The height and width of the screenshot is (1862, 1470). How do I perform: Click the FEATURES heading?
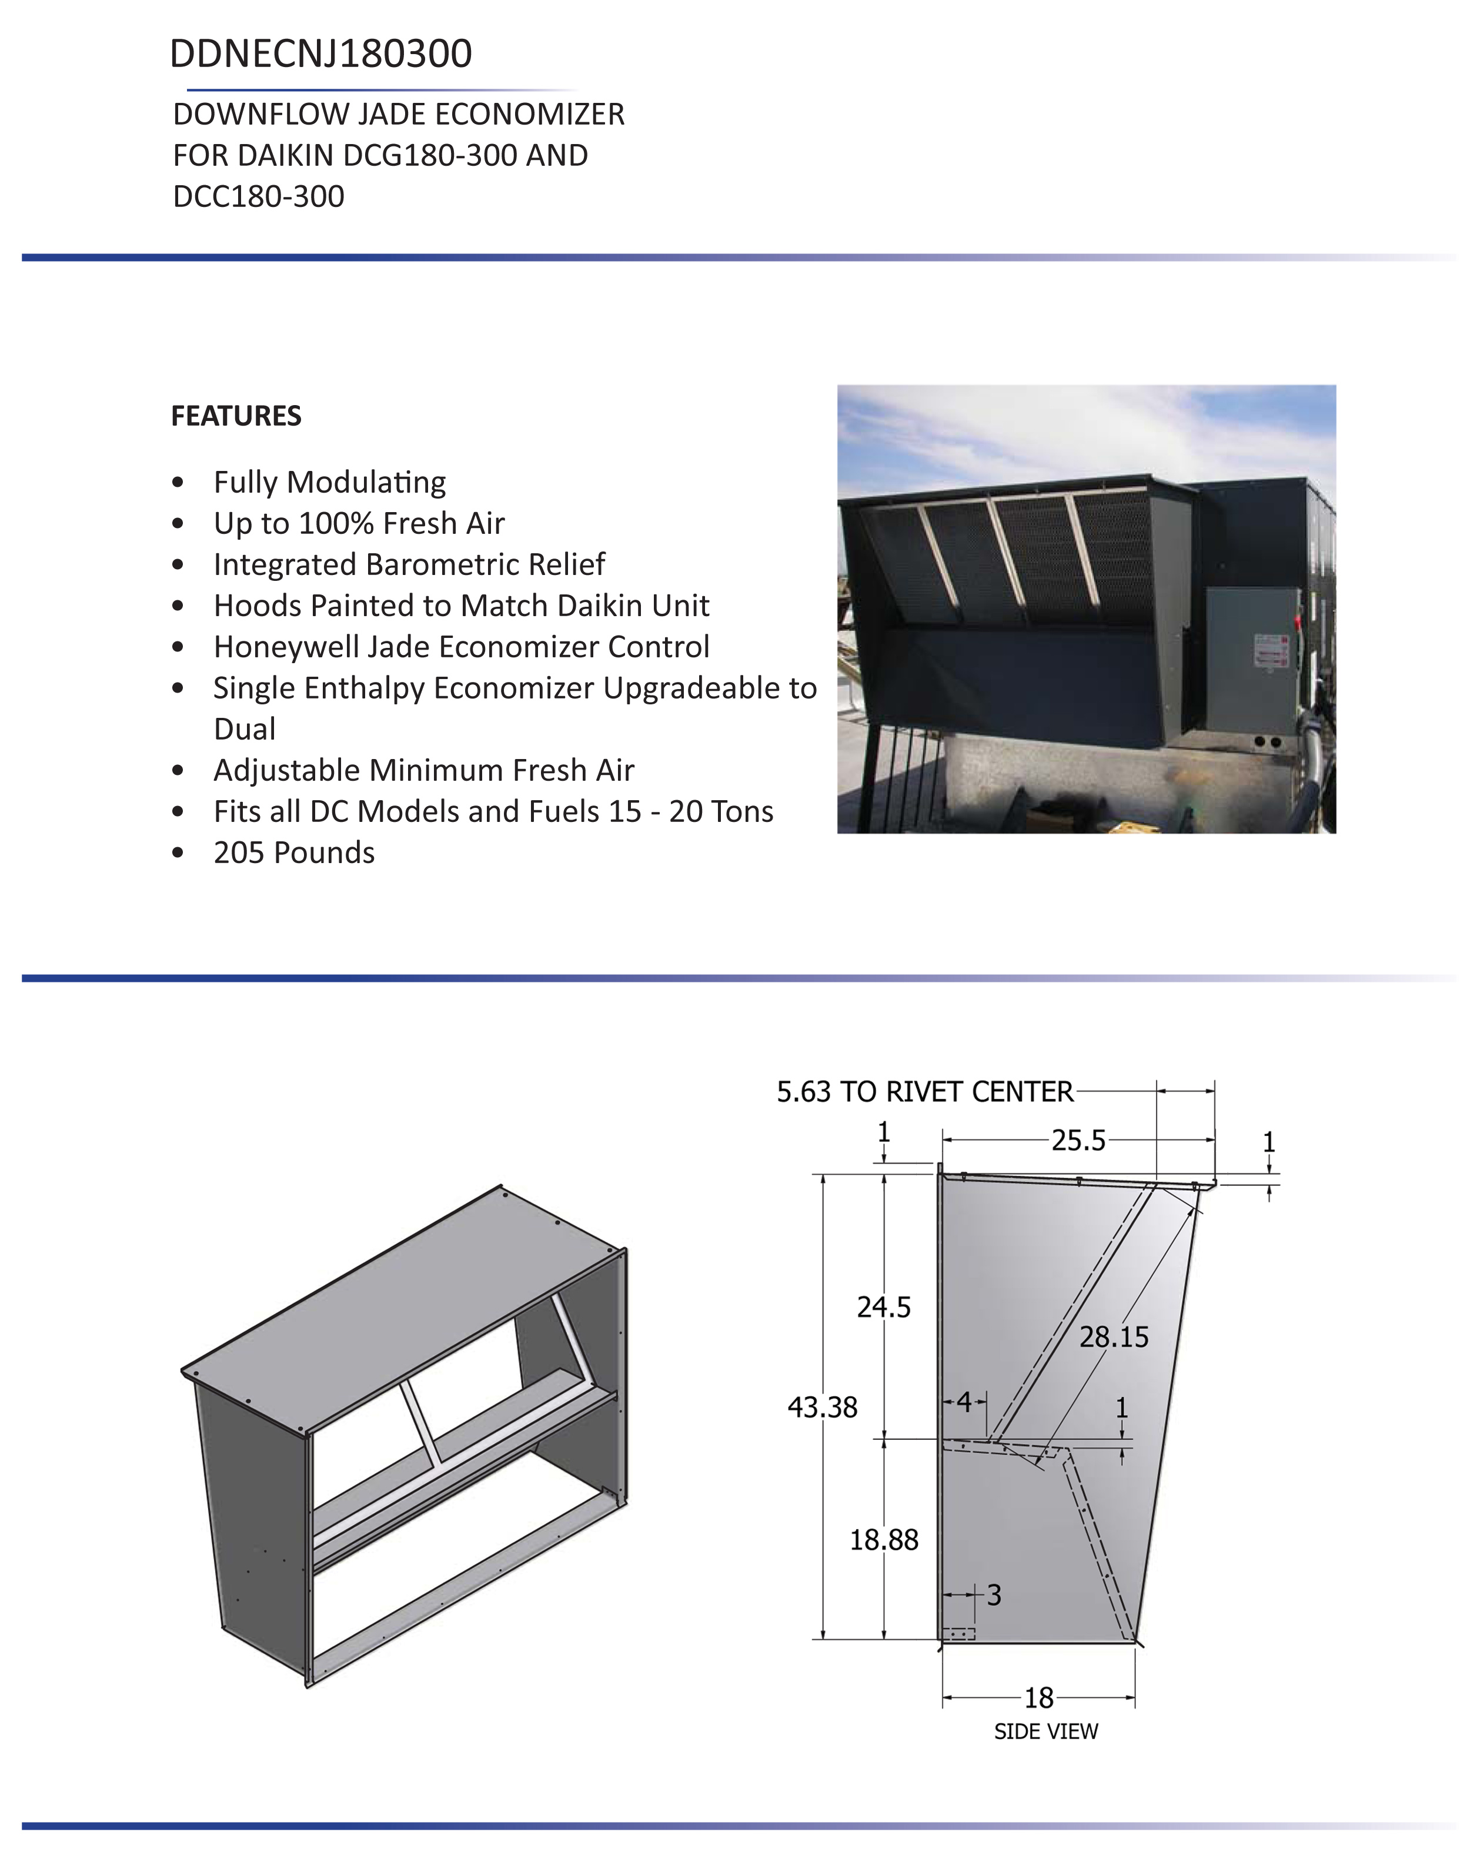(x=236, y=416)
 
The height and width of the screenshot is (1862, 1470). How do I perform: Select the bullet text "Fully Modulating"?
(x=330, y=482)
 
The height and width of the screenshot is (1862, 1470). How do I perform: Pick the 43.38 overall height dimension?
(x=822, y=1408)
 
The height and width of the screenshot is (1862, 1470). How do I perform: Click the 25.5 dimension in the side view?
(x=1078, y=1141)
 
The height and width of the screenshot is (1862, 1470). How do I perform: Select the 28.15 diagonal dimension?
(x=1114, y=1337)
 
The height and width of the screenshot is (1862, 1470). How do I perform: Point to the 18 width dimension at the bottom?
(x=1039, y=1697)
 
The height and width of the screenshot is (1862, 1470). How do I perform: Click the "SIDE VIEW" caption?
(x=1045, y=1731)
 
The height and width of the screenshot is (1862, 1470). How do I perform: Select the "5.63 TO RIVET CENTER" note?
(x=925, y=1092)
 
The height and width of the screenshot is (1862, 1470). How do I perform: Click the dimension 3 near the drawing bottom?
(x=994, y=1595)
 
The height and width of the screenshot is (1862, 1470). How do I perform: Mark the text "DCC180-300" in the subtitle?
(x=258, y=196)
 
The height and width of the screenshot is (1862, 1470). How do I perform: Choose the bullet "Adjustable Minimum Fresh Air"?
(x=423, y=770)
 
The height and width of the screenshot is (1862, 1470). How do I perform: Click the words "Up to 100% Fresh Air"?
(x=359, y=523)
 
